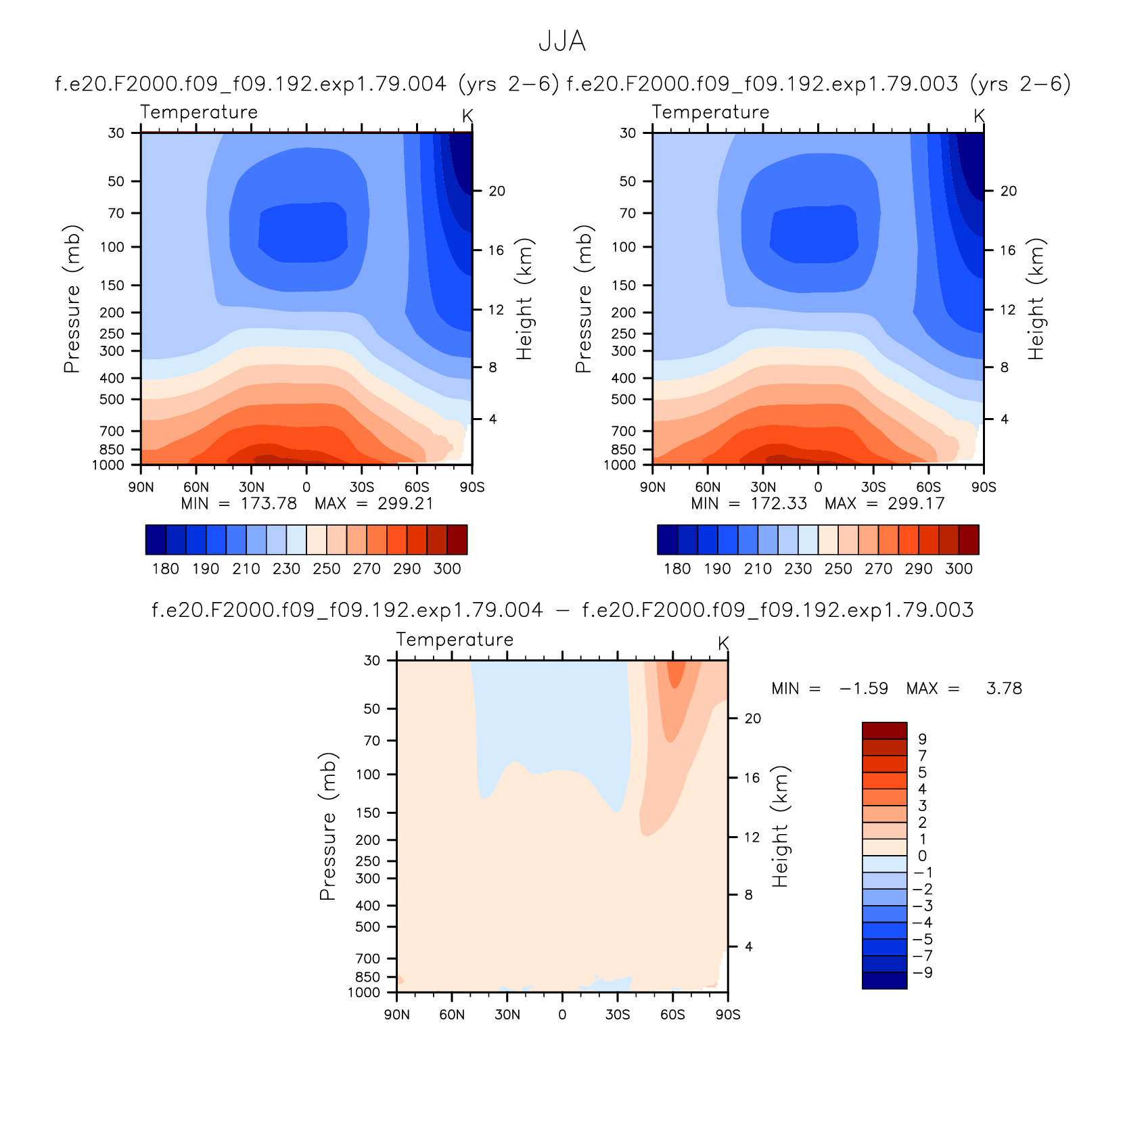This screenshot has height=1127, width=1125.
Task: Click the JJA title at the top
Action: click(561, 42)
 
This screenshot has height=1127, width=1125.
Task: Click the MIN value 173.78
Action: click(269, 503)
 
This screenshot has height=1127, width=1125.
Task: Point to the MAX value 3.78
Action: click(1004, 689)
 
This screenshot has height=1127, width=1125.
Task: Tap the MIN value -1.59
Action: click(864, 689)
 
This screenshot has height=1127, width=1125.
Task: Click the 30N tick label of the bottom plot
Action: click(507, 1015)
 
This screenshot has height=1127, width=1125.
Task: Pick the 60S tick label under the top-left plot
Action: click(417, 487)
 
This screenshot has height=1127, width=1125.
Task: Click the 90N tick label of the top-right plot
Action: click(653, 487)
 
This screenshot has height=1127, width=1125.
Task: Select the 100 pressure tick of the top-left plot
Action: click(112, 247)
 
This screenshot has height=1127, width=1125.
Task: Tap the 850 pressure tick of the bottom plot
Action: click(368, 977)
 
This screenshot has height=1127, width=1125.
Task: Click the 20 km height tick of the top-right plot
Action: click(1009, 191)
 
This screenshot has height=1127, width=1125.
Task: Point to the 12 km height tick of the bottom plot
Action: click(752, 837)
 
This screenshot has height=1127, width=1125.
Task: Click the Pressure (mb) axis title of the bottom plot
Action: click(328, 826)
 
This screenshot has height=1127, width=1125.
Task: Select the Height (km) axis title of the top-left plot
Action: click(524, 299)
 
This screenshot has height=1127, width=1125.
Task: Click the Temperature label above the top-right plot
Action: click(710, 112)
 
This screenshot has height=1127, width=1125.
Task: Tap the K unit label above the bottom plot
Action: click(723, 643)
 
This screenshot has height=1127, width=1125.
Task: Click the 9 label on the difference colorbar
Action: click(922, 739)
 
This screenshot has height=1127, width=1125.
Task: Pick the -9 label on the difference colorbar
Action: click(923, 973)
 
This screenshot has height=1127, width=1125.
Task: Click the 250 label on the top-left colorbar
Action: click(327, 569)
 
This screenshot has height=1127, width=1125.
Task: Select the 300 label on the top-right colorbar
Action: click(959, 569)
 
